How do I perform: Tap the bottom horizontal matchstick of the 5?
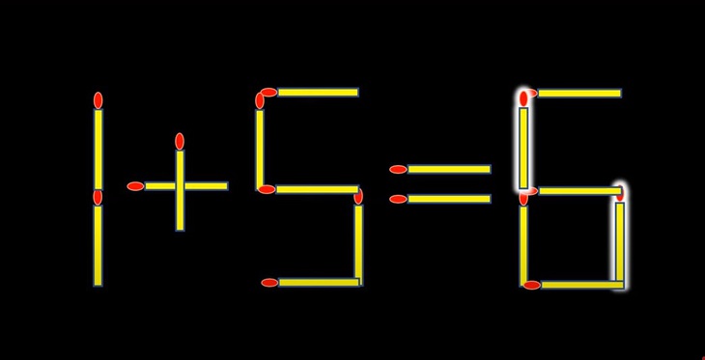tap(313, 283)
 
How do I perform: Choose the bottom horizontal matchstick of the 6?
tap(577, 285)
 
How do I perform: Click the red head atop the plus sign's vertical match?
tap(180, 141)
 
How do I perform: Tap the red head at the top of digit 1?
tap(98, 100)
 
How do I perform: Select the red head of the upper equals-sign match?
tap(398, 170)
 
